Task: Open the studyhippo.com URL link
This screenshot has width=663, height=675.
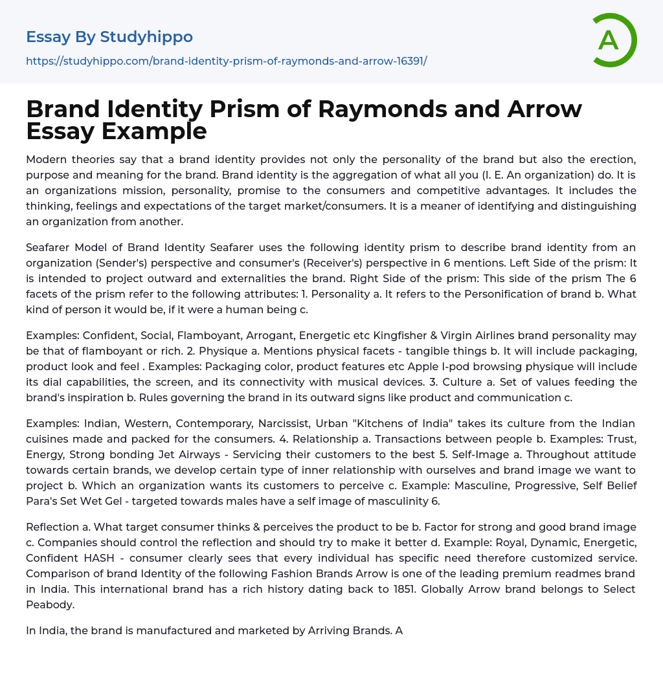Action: click(x=226, y=61)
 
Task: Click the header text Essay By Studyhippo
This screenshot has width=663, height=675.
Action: click(x=109, y=36)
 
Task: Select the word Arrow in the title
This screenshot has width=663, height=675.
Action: click(x=543, y=108)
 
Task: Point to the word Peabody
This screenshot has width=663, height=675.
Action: click(x=51, y=604)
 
